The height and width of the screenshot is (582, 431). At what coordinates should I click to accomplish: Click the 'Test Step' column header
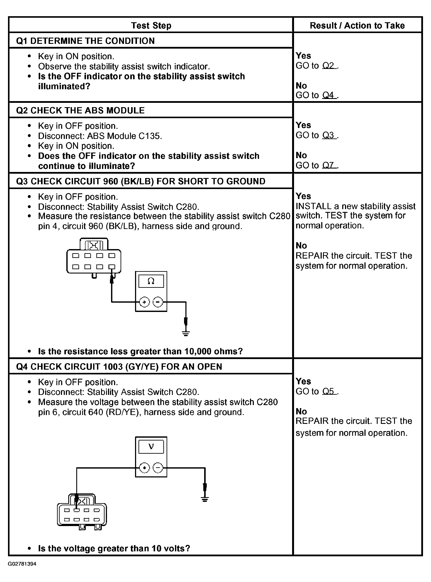pos(151,25)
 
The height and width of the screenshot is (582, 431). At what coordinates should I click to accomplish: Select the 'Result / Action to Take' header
pos(357,25)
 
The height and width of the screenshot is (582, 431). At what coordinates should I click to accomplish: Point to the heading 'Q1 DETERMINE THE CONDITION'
pos(85,41)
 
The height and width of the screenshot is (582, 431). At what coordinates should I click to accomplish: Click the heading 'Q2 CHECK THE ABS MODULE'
pos(80,111)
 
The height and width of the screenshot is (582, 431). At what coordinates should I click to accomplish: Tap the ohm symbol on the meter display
pos(151,281)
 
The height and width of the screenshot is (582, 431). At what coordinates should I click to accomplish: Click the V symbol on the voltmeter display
pos(151,447)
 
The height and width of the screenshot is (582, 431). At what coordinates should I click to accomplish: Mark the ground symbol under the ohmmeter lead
pos(186,333)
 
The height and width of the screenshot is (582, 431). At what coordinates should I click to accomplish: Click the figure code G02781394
pos(22,564)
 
